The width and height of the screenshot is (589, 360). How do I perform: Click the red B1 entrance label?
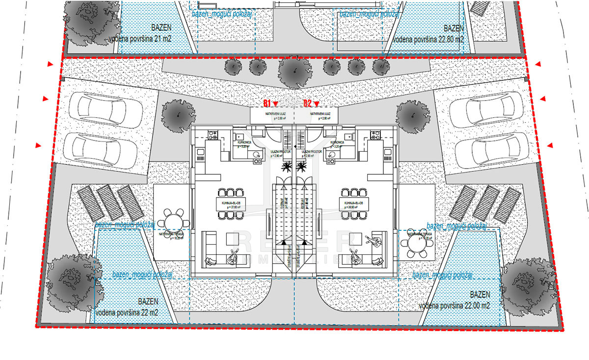[268, 103]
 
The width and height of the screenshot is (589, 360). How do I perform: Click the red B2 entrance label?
[308, 103]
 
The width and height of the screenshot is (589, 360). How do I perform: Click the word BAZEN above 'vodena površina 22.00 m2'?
[480, 295]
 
